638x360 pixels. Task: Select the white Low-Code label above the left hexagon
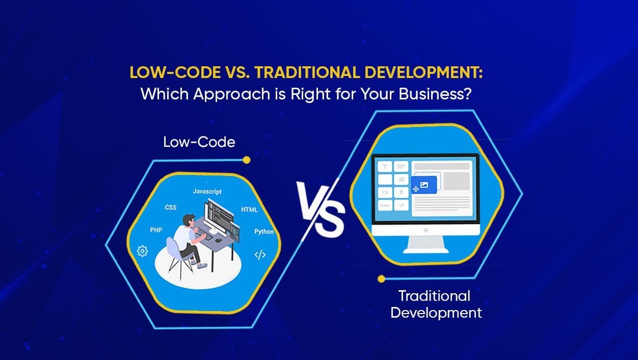(199, 142)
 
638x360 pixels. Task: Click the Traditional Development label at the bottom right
(436, 304)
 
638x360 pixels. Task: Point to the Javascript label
(207, 191)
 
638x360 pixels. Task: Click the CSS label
(170, 208)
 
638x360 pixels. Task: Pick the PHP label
(156, 230)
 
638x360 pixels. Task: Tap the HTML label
(249, 210)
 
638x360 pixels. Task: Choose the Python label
(264, 232)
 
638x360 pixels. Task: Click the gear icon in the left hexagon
(142, 250)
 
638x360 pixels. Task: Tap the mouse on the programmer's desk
(218, 240)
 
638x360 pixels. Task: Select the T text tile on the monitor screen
(385, 166)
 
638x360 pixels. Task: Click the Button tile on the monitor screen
(385, 205)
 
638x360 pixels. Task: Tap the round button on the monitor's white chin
(426, 230)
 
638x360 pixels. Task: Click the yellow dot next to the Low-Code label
(247, 160)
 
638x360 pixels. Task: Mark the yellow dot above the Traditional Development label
(381, 278)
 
